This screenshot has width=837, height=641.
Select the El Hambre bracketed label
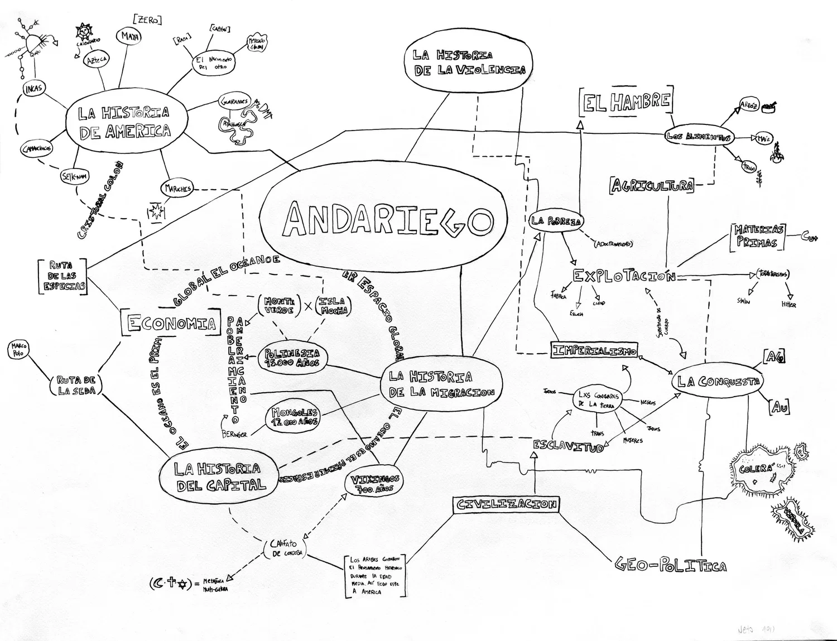pos(626,103)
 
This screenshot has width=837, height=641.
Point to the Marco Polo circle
pos(18,350)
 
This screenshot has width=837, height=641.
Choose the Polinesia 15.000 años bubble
pos(292,358)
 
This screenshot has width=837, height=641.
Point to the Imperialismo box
pos(594,350)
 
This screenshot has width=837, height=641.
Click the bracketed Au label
pos(780,407)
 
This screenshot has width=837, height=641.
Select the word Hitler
pos(788,305)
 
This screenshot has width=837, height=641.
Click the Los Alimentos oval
pos(698,137)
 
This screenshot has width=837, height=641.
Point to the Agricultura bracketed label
pos(652,186)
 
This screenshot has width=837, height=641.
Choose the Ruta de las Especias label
pos(63,276)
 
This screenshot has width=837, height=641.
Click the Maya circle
pos(128,37)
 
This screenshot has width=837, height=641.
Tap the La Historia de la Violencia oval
pos(469,62)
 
